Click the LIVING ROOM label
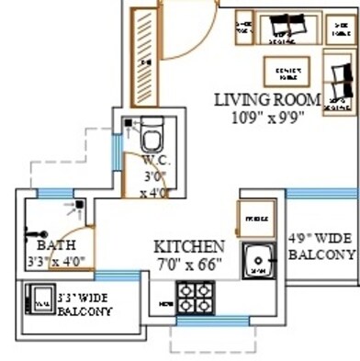(x=267, y=99)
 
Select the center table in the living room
(x=283, y=70)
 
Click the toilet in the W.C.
(x=152, y=138)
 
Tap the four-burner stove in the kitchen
(x=196, y=299)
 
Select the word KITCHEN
(x=188, y=247)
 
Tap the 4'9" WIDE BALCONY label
(x=321, y=246)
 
